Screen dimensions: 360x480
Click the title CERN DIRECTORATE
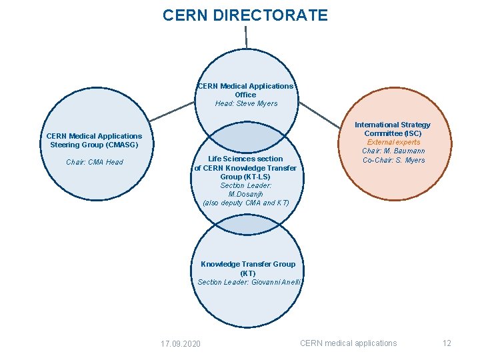point(245,15)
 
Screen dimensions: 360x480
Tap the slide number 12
point(447,343)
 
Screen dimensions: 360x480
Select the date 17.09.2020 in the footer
point(181,343)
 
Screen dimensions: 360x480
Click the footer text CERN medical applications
point(348,343)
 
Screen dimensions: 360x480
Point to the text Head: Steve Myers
point(246,103)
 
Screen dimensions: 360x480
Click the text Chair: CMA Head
point(95,162)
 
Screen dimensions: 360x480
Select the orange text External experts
point(393,142)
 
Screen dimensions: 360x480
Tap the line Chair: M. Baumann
point(393,151)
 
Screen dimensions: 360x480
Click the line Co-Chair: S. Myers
point(393,160)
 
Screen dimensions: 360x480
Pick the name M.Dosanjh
point(245,194)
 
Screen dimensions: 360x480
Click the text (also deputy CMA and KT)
point(246,203)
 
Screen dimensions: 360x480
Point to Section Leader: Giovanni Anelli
point(249,282)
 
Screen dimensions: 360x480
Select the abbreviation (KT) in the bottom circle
point(248,273)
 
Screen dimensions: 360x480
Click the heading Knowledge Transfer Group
point(248,264)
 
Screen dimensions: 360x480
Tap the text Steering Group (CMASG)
point(94,145)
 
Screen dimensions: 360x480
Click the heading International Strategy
point(392,125)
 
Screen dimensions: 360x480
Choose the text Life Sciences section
point(245,159)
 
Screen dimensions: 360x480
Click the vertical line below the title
point(246,37)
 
